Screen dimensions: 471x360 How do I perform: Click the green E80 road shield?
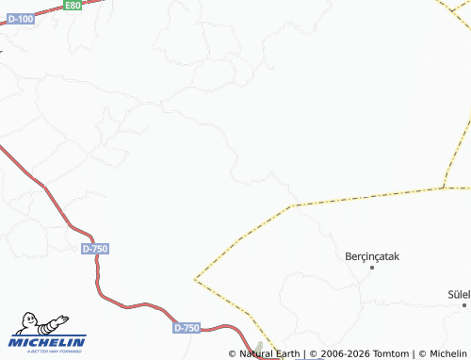point(73,6)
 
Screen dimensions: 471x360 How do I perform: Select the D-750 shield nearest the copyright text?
point(187,327)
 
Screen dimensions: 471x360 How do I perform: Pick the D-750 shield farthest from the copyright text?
point(95,248)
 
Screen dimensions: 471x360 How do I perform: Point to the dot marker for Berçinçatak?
point(372,268)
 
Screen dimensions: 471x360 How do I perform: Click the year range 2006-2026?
point(346,353)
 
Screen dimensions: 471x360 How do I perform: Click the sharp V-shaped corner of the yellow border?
point(196,279)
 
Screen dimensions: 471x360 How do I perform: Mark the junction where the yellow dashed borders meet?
point(444,187)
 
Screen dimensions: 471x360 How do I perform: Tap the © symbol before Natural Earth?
point(233,353)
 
